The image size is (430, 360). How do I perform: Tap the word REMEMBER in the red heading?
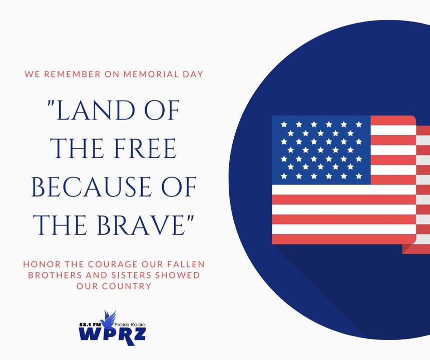tap(72, 74)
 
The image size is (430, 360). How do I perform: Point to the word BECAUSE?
tap(91, 187)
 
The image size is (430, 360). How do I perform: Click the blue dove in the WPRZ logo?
tap(109, 320)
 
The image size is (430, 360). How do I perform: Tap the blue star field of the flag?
tap(321, 150)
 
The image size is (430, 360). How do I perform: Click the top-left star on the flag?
tap(284, 124)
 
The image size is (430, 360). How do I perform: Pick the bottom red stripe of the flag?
tap(344, 239)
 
